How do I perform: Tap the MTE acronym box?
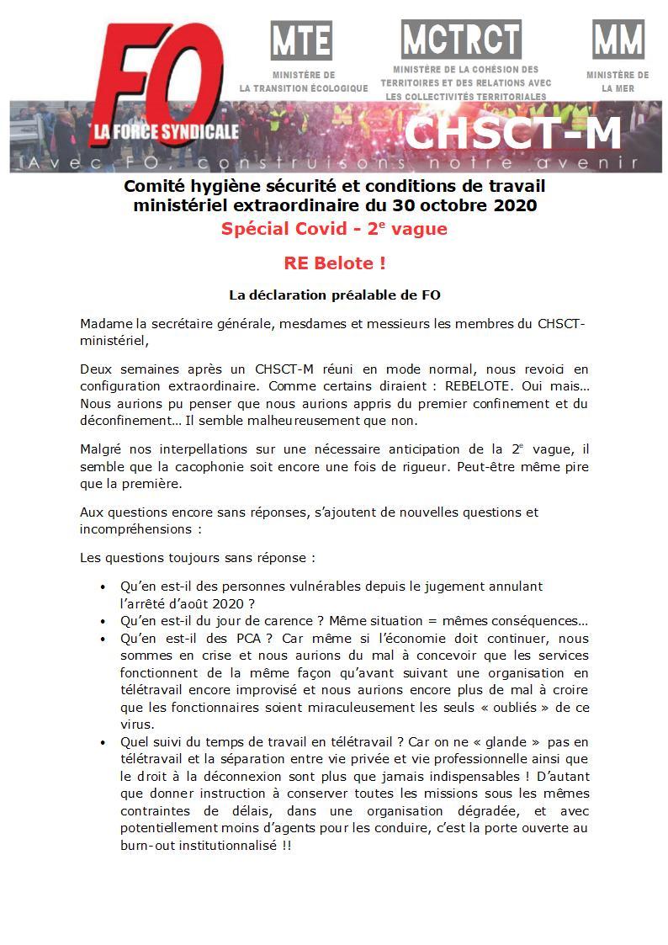click(301, 40)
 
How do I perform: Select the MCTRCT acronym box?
click(461, 39)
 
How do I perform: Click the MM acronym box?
click(618, 40)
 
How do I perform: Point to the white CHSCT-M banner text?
click(512, 133)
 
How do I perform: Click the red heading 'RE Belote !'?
click(335, 263)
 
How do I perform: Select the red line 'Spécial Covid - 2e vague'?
click(335, 229)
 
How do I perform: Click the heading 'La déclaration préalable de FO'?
click(335, 295)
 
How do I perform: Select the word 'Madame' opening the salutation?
click(101, 325)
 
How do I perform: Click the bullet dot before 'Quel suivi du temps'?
click(103, 742)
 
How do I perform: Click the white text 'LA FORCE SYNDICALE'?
click(166, 132)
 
